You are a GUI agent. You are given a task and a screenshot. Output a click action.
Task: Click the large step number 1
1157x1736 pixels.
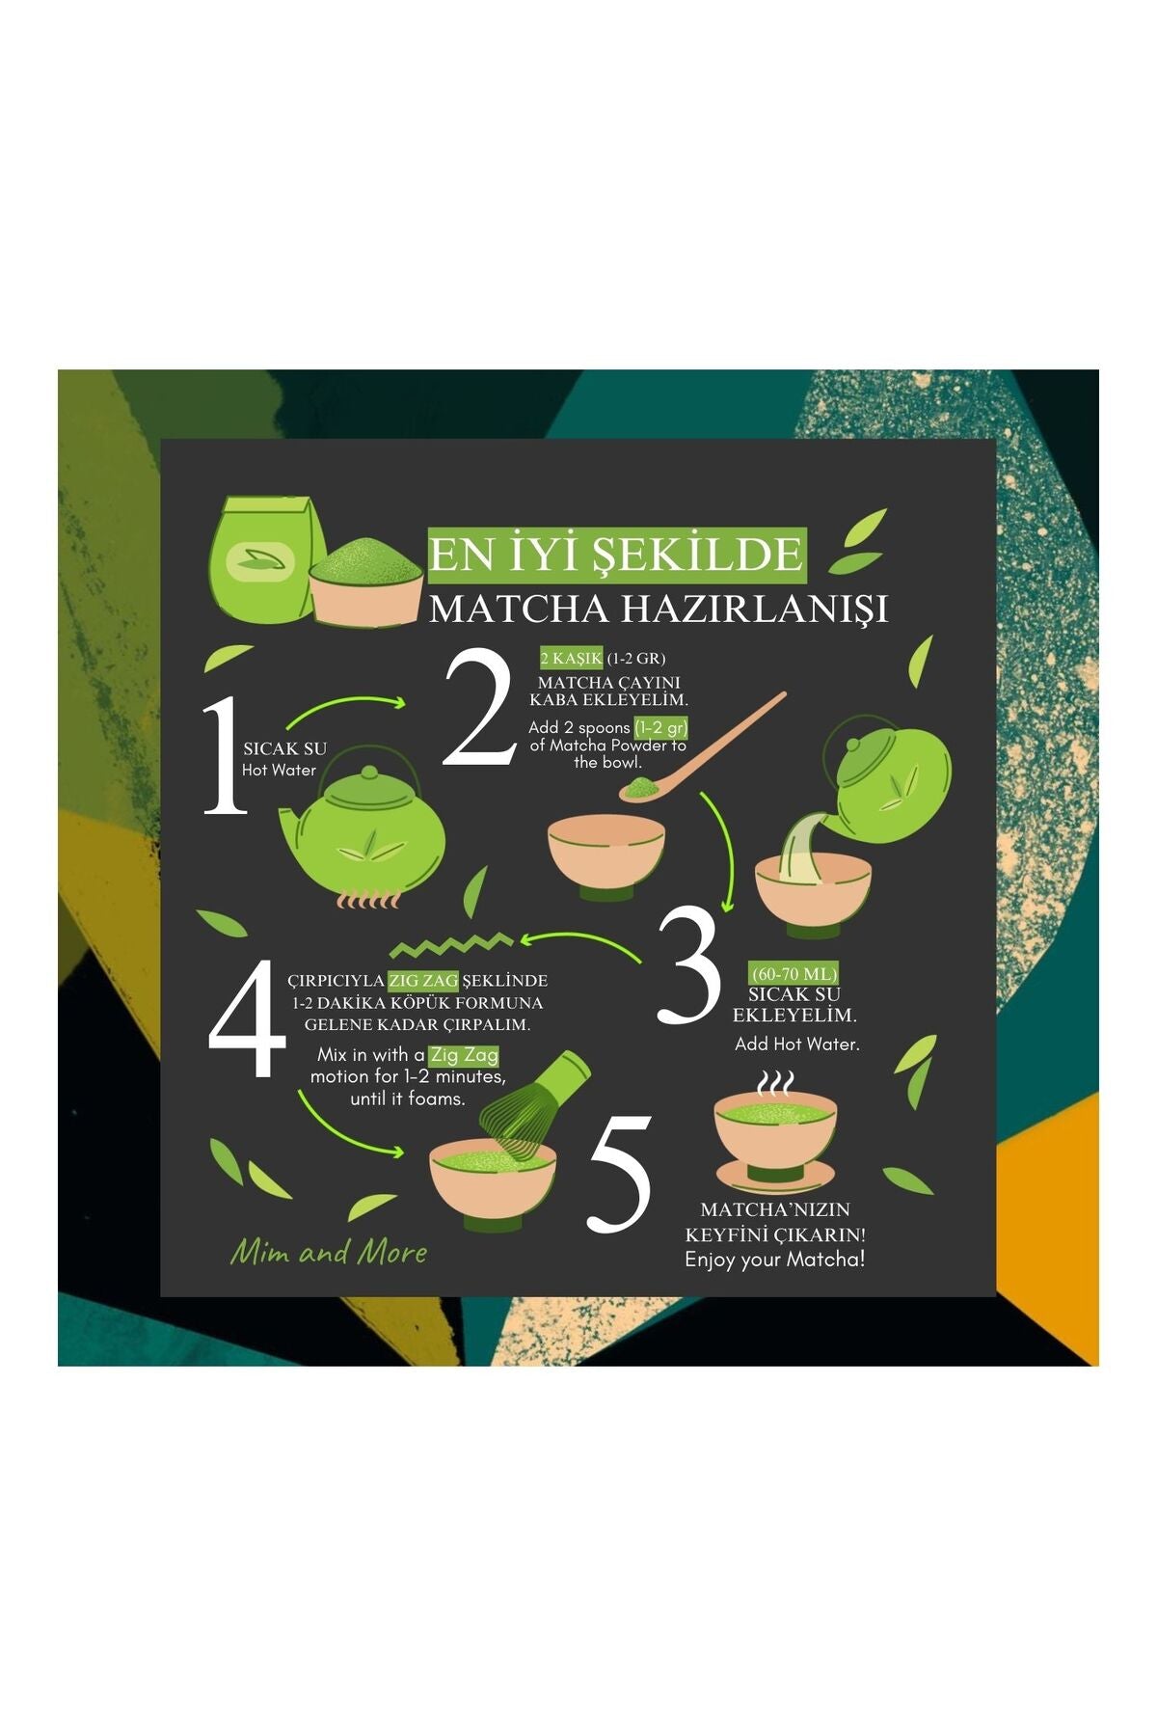point(227,755)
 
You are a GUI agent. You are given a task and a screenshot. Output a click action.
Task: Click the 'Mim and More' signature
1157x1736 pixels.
point(329,1252)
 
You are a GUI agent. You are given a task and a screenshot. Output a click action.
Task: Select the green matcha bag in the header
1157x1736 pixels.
point(263,559)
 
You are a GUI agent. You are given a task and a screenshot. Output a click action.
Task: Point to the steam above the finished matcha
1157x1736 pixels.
point(774,1084)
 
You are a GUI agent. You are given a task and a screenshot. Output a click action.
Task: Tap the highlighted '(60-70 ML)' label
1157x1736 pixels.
point(794,973)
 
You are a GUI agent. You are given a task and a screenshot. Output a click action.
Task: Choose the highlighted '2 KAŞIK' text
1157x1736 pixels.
point(572,659)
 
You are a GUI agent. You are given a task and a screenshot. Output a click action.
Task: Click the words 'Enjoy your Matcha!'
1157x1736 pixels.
point(775,1260)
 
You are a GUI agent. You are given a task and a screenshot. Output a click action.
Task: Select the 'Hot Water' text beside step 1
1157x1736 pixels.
point(279,770)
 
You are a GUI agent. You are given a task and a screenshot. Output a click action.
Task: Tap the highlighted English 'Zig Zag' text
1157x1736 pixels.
point(464,1055)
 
